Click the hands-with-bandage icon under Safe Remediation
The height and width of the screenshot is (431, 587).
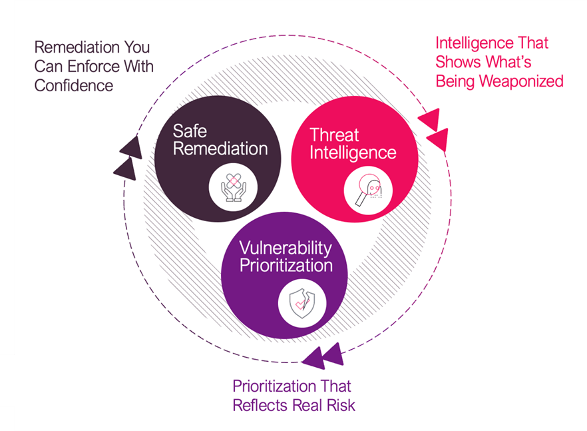[232, 185]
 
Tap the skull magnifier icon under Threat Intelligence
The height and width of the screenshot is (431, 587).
[367, 192]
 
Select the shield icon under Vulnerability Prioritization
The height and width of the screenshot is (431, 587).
[297, 302]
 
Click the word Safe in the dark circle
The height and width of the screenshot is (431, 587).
[190, 130]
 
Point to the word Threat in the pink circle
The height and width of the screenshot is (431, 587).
[334, 135]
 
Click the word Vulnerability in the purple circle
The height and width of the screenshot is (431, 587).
[286, 248]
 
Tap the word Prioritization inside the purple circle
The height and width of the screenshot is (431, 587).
[286, 265]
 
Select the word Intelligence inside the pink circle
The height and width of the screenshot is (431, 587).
[353, 153]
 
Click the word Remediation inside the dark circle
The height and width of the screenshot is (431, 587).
[220, 148]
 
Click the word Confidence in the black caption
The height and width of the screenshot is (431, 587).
[74, 85]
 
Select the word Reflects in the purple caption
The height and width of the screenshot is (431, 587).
[259, 404]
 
